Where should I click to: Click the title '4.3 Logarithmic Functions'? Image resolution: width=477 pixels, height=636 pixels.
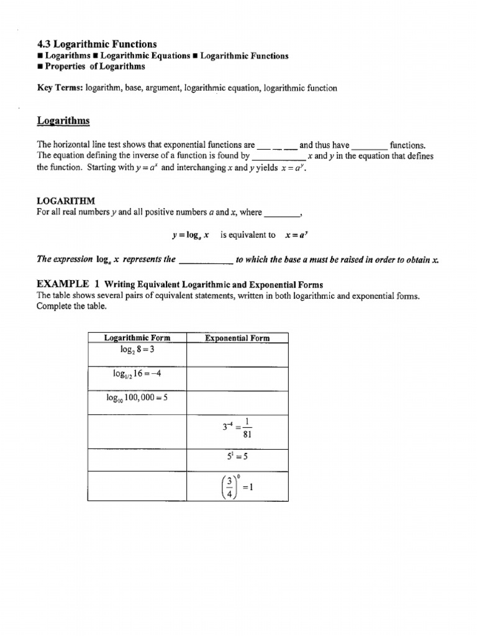[x=97, y=44]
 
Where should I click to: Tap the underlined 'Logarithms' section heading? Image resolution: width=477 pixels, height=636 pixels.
[x=63, y=120]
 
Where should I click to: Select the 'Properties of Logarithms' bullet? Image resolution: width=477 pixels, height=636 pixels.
[x=95, y=66]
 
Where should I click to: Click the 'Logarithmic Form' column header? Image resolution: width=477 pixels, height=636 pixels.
[x=137, y=338]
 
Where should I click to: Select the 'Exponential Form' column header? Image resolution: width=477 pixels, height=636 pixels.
[x=237, y=338]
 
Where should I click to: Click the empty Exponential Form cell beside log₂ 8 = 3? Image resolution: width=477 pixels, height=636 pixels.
[x=237, y=355]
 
